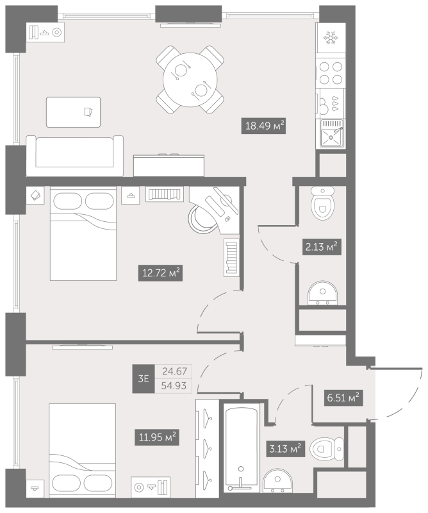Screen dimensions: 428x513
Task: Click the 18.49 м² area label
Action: (263, 126)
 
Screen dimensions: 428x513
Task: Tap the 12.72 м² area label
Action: (160, 273)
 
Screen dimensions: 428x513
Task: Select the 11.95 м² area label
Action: (157, 437)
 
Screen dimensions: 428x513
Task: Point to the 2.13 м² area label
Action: (322, 247)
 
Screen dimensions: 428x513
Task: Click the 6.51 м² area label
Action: (343, 398)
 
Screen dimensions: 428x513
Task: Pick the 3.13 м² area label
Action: (285, 449)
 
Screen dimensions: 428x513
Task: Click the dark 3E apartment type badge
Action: (144, 379)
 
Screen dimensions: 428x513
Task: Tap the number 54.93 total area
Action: (174, 386)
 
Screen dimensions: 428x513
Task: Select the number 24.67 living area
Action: (175, 371)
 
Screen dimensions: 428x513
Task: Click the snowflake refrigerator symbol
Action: (330, 38)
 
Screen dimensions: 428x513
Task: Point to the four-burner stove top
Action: (330, 72)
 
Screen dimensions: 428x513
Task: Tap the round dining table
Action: (190, 80)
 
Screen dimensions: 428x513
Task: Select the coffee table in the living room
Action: (73, 112)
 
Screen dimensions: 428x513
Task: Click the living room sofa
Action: (74, 156)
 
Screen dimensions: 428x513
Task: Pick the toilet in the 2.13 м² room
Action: (323, 203)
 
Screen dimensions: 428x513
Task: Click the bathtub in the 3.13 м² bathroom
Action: (242, 447)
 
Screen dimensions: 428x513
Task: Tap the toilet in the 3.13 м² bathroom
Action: (327, 449)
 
